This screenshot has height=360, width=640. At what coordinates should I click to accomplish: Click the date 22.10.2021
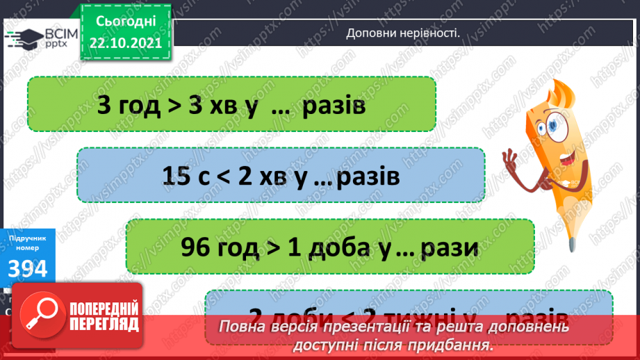point(125,42)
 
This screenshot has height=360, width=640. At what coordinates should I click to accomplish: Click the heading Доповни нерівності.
point(403,33)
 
